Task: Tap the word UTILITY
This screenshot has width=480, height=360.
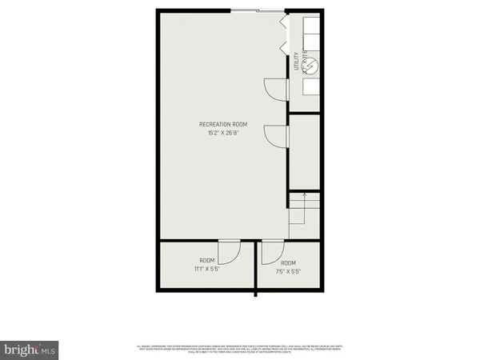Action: point(297,63)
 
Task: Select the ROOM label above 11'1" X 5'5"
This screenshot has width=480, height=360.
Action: point(206,261)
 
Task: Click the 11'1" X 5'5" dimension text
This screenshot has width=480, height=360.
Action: point(206,270)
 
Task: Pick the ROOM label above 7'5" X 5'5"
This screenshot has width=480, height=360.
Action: point(288,263)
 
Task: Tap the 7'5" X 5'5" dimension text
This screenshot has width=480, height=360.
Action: point(288,271)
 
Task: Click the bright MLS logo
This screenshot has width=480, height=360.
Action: point(30,350)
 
